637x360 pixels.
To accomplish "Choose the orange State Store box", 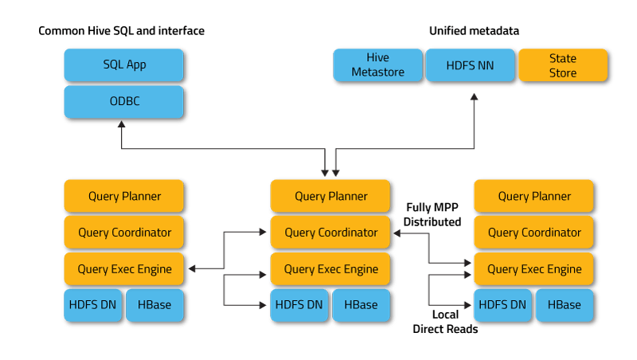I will click(562, 65).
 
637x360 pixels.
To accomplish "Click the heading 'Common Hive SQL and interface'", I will click(122, 30).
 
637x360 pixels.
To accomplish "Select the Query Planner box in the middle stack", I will click(330, 196).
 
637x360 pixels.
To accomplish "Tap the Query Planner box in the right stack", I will click(534, 196).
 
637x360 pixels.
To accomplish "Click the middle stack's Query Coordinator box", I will click(330, 233).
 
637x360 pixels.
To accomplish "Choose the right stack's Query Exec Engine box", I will click(534, 269).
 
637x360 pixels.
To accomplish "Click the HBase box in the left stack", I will click(154, 305).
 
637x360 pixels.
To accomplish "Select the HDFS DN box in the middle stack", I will click(299, 305).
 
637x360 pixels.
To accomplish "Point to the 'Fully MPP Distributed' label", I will click(432, 214).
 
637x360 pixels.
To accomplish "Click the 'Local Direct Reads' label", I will click(444, 321).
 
